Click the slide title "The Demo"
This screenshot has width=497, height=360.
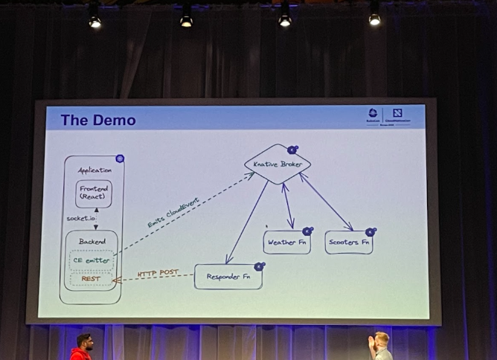click(x=97, y=120)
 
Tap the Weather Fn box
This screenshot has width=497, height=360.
click(x=286, y=242)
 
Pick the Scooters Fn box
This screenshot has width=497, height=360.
click(x=348, y=242)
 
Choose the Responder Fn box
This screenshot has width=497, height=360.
click(x=228, y=277)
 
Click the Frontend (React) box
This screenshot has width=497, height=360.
click(x=93, y=193)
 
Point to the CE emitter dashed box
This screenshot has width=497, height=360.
click(x=92, y=260)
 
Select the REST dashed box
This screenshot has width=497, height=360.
click(x=92, y=280)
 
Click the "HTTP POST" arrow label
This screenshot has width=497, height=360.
click(x=157, y=273)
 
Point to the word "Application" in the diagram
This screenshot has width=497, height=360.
click(x=94, y=170)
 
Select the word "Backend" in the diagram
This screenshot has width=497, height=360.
click(x=92, y=241)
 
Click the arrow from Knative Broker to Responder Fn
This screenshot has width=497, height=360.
click(x=247, y=222)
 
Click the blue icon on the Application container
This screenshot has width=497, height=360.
click(x=119, y=158)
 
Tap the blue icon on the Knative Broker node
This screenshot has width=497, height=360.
click(x=292, y=150)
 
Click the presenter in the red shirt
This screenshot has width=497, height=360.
click(x=81, y=348)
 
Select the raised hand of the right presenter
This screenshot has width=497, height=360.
click(x=371, y=341)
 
